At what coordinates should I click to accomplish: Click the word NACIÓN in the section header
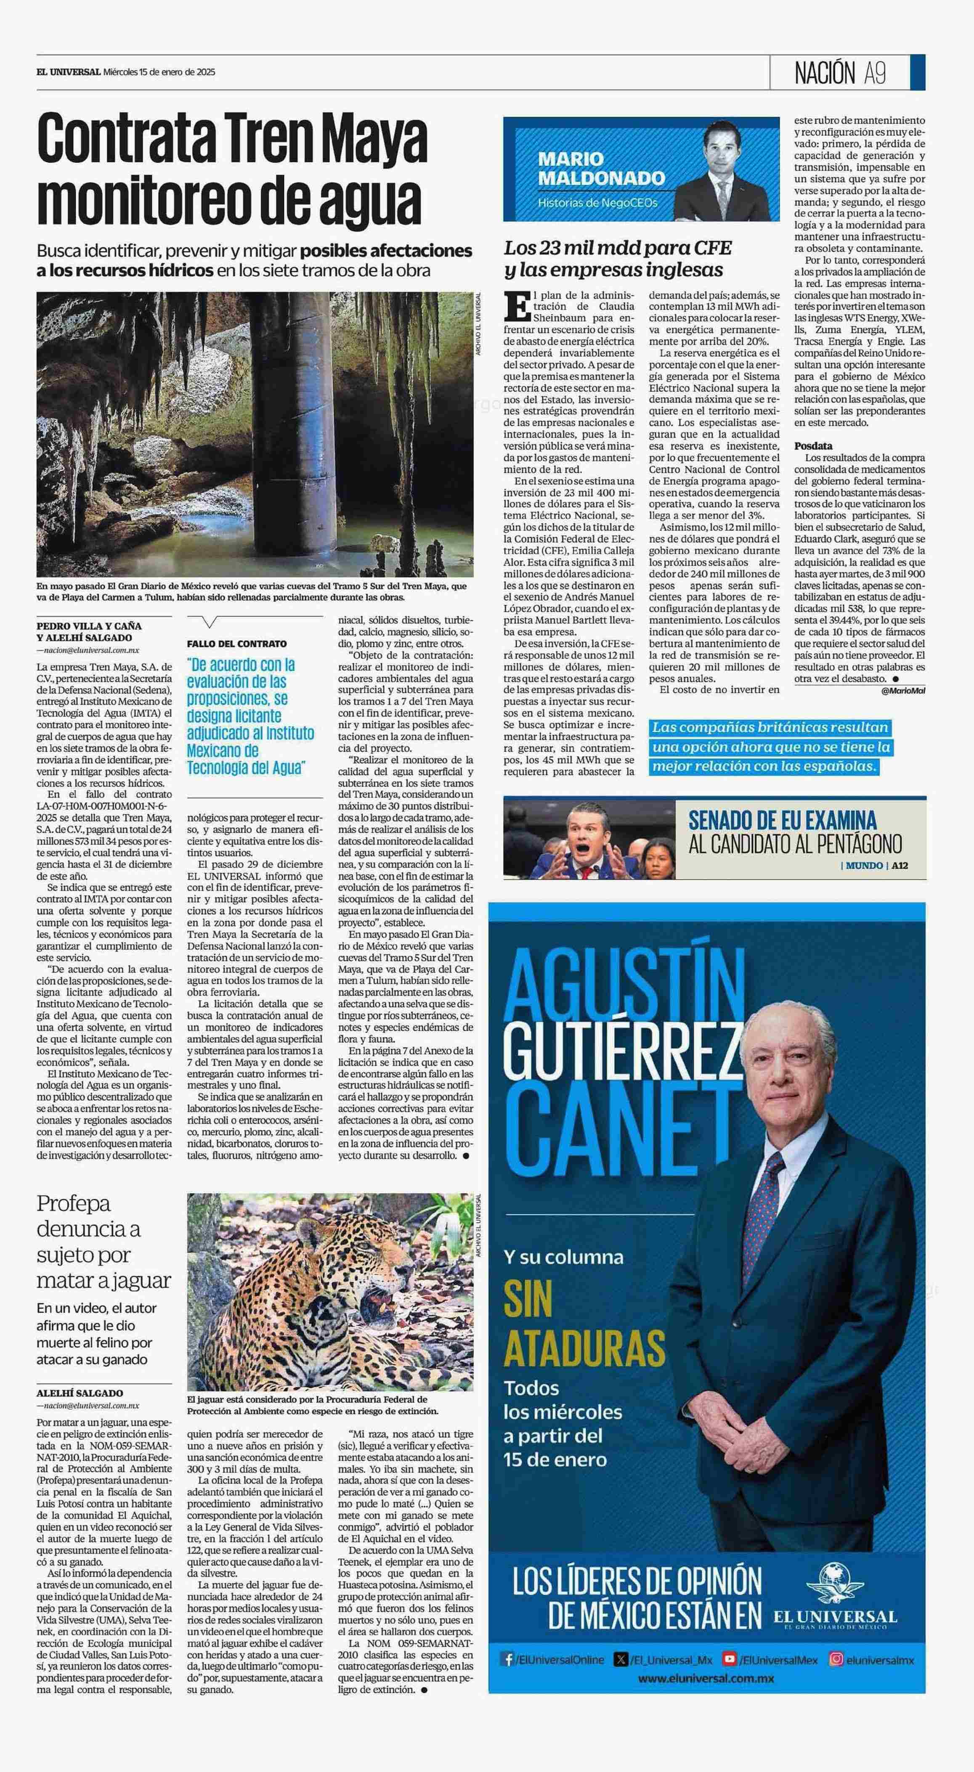pos(825,72)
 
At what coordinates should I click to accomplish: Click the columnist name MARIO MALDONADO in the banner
pos(601,169)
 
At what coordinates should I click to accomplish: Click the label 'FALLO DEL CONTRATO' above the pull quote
pos(237,644)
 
